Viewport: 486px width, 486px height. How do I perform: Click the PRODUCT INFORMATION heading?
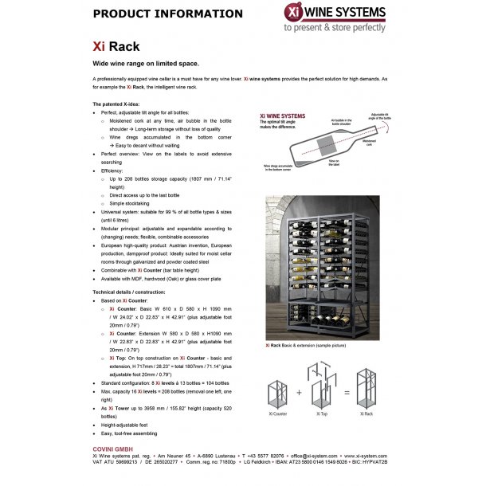coord(167,14)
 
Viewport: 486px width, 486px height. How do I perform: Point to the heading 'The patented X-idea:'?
coord(120,104)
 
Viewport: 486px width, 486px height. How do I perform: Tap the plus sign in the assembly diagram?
coord(301,391)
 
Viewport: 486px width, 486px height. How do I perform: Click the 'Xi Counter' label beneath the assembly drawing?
coord(278,414)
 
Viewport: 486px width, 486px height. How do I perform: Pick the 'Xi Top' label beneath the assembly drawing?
coord(321,414)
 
